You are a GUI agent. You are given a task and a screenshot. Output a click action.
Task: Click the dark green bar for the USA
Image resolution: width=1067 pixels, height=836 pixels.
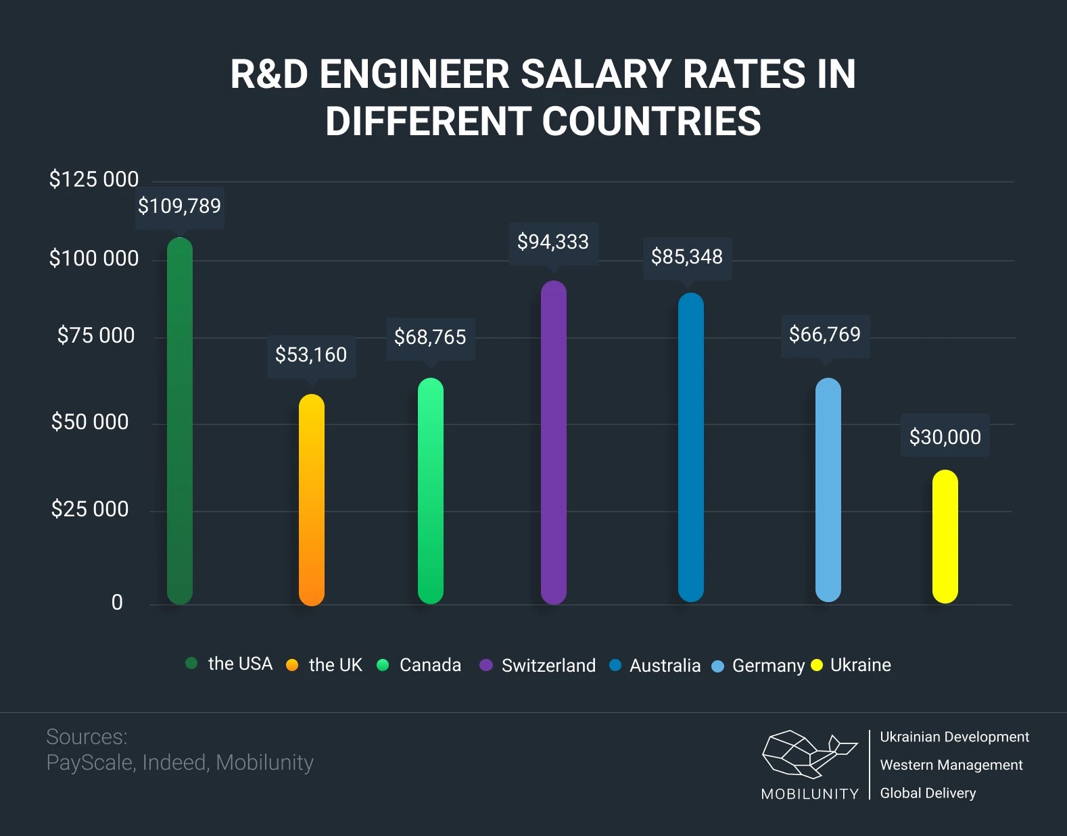click(x=180, y=420)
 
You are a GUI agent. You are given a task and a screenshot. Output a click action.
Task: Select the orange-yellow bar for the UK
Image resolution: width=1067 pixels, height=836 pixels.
click(x=312, y=500)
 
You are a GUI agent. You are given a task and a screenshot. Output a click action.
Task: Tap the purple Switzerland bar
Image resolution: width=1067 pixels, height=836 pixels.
click(x=554, y=443)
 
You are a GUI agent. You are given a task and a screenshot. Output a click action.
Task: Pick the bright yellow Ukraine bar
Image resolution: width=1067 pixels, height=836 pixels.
click(x=945, y=537)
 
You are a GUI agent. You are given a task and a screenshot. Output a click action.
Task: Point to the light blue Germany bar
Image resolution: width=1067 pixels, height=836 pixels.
click(x=828, y=490)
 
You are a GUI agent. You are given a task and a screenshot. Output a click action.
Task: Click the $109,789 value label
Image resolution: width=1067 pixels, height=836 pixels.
click(x=179, y=206)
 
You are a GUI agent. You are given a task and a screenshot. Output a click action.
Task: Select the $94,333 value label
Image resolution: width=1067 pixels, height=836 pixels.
click(x=553, y=242)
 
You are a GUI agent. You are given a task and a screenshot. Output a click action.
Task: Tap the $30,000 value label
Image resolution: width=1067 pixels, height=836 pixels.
click(x=945, y=437)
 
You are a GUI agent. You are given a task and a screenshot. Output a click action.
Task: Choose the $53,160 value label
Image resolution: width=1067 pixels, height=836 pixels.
click(x=311, y=355)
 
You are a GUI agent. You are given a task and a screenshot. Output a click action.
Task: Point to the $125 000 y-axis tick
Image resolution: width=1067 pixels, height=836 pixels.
click(x=94, y=180)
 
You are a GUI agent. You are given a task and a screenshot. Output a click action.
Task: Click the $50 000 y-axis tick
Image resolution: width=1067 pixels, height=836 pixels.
click(x=90, y=422)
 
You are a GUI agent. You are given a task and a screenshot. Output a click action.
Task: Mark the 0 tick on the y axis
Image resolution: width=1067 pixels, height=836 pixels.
click(x=117, y=603)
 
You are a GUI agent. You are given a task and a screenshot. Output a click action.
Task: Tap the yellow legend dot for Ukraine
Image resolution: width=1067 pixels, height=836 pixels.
click(x=817, y=665)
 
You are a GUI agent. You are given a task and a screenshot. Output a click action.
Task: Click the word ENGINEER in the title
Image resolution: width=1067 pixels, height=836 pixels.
click(x=414, y=74)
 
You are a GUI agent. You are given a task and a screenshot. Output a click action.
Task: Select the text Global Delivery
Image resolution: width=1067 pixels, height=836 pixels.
click(x=928, y=793)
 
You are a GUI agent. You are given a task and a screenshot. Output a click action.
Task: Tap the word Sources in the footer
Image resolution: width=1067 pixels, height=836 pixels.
click(x=87, y=737)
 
